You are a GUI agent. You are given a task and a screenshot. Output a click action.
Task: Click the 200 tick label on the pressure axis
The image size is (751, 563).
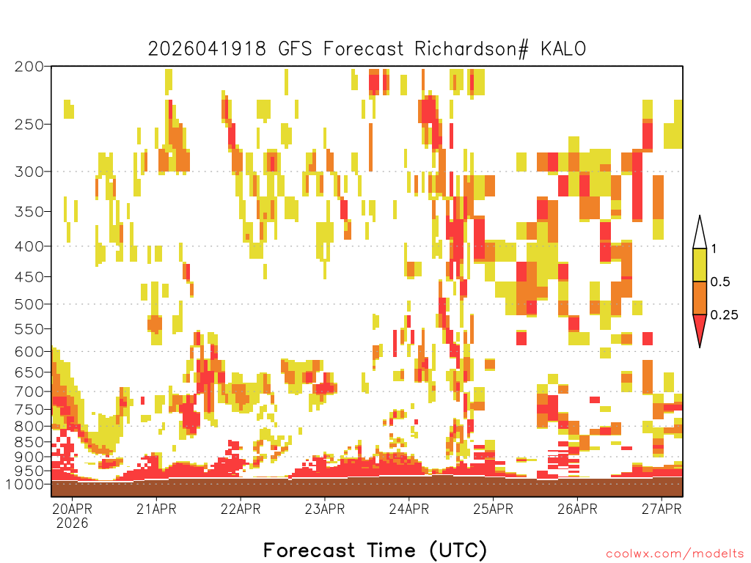(29, 66)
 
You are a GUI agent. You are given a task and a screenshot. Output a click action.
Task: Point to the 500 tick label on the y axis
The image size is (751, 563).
(29, 304)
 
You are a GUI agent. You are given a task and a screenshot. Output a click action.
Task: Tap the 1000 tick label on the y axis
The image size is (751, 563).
(25, 484)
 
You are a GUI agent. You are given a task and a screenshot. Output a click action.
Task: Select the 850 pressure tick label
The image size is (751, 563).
(29, 441)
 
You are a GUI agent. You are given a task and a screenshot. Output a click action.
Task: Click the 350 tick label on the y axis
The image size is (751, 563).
(29, 211)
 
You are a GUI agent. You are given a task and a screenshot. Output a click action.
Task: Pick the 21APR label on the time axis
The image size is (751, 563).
(156, 509)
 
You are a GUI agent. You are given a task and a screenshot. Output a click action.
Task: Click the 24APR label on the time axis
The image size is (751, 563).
(409, 509)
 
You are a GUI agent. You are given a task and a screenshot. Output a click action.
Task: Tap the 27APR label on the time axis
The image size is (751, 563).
(662, 509)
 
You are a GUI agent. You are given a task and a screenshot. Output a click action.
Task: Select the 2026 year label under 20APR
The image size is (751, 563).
(72, 523)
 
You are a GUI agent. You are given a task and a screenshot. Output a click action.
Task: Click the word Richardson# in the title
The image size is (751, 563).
(472, 49)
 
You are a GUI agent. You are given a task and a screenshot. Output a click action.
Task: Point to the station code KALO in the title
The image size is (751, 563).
(563, 49)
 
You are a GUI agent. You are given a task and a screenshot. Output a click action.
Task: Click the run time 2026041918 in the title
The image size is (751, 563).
(206, 49)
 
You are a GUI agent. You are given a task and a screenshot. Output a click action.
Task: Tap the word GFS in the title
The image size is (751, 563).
(295, 49)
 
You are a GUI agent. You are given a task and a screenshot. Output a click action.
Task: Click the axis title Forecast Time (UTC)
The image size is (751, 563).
(375, 550)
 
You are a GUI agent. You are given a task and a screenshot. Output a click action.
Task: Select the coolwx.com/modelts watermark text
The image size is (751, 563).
(675, 554)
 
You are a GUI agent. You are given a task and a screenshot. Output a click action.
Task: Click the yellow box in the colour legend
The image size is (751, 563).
(700, 265)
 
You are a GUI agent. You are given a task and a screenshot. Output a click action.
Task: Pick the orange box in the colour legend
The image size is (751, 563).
(700, 298)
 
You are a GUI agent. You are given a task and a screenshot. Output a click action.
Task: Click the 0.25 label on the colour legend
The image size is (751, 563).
(724, 315)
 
